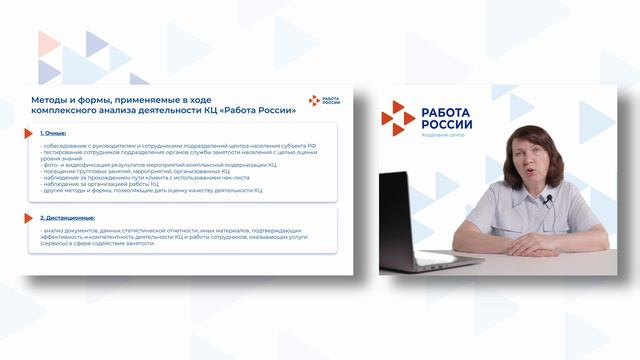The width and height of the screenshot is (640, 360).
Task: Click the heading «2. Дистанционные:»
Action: pyautogui.click(x=69, y=217)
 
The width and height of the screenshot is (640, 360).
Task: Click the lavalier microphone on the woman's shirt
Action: pyautogui.click(x=547, y=199)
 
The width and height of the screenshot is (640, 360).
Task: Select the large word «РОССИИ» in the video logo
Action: pyautogui.click(x=447, y=124)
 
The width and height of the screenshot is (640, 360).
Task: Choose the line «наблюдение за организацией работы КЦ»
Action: pyautogui.click(x=100, y=183)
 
